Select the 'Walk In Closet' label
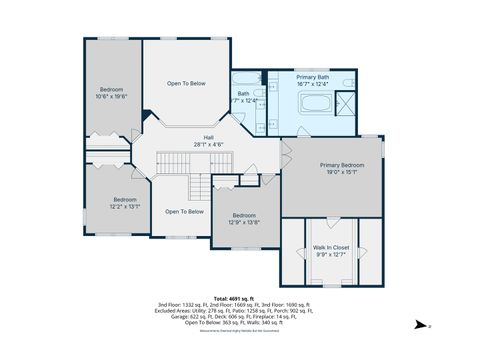coord(329,246)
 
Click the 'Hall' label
coord(209,137)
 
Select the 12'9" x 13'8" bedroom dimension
coord(245,222)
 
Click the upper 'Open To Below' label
coord(186,83)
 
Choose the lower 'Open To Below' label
coord(184,211)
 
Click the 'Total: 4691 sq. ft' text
coord(234,298)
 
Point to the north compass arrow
coord(421,325)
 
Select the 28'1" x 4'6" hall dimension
coord(209,144)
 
